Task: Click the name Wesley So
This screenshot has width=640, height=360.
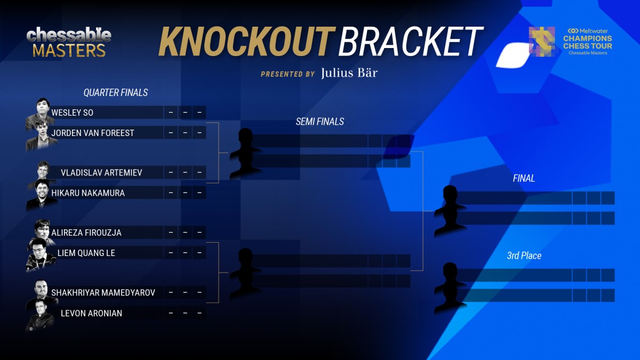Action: coord(73,113)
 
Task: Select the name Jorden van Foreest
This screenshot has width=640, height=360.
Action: coord(93,133)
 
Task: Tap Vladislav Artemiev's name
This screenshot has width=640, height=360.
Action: coord(101,173)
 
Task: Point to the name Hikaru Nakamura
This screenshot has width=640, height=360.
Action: coord(88,193)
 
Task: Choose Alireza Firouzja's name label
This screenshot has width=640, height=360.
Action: coord(86,233)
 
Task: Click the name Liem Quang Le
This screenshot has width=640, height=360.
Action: coord(86,253)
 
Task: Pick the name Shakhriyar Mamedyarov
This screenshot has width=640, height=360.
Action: coord(103,293)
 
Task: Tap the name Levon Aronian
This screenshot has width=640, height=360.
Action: coord(91,313)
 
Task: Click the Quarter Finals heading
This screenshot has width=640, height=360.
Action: coord(116,93)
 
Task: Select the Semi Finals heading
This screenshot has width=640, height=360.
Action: coord(319,122)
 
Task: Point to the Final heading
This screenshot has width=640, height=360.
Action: coord(524,178)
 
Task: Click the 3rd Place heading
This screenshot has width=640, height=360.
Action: coord(524,255)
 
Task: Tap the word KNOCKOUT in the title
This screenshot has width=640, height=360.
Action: coord(246,42)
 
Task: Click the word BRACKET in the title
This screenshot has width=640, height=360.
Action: coord(410,42)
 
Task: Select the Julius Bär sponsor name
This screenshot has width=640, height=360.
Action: coord(349,73)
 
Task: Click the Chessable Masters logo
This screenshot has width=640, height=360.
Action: coord(69,43)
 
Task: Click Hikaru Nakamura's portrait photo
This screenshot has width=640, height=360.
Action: coord(42,195)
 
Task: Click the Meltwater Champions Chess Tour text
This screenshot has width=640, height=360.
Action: coord(587,42)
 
